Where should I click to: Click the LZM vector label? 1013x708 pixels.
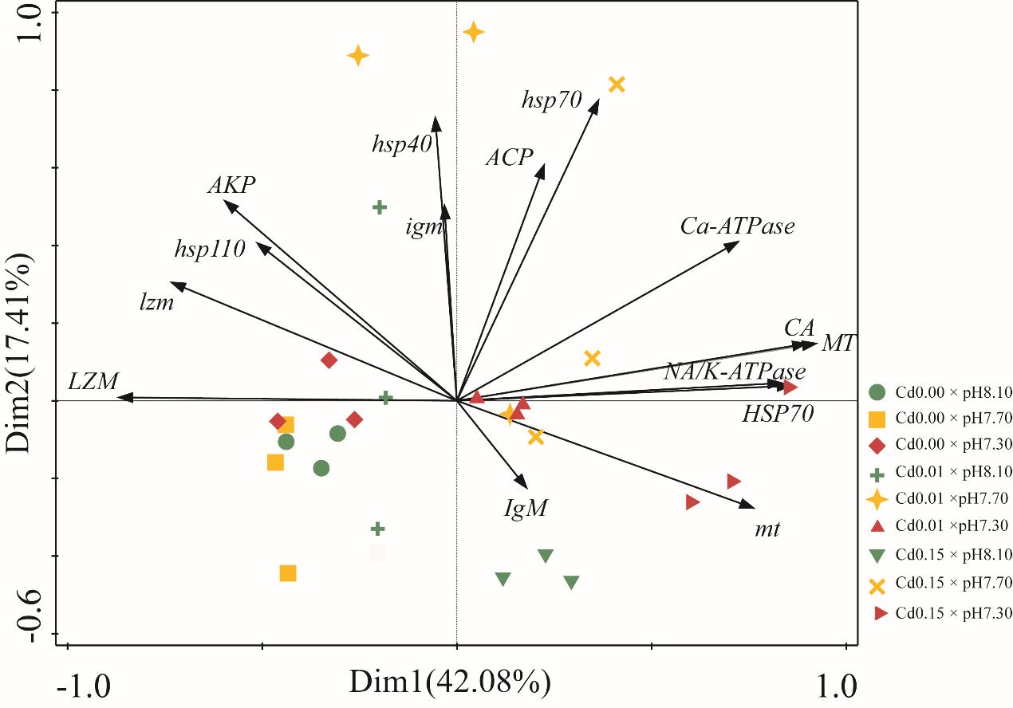click(93, 381)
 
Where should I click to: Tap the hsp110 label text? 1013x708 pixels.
click(210, 249)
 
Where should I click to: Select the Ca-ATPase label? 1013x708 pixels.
click(738, 226)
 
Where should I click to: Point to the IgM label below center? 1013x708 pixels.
click(526, 508)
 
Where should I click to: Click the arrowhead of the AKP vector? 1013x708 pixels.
click(228, 203)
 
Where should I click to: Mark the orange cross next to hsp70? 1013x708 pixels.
click(616, 85)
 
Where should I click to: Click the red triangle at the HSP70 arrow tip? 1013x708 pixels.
click(790, 387)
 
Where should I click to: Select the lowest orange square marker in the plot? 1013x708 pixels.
click(288, 573)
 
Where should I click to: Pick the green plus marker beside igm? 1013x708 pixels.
click(380, 207)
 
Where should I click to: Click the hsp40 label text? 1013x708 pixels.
click(401, 144)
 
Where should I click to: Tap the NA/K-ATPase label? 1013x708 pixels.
click(735, 372)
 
